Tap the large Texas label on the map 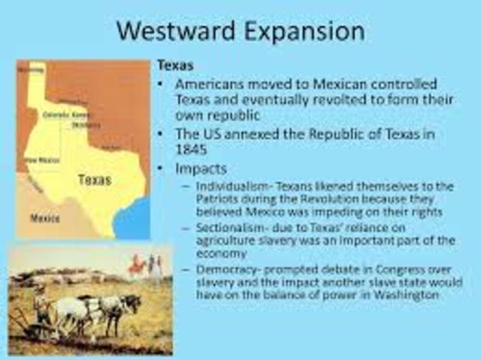point(94,180)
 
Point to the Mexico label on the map point(44,219)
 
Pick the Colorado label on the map point(54,114)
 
